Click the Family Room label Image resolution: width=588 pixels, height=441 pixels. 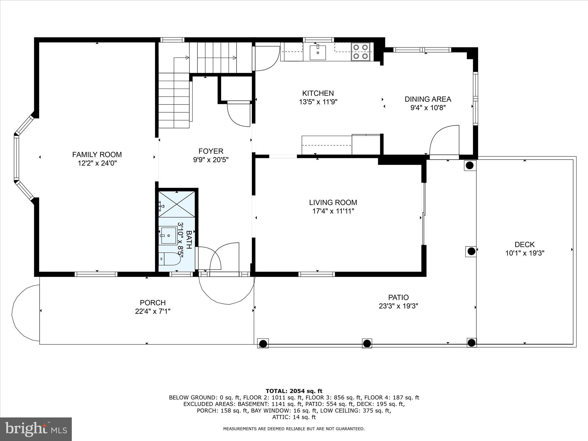[x=97, y=155]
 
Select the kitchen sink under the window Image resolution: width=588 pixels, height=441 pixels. [x=318, y=52]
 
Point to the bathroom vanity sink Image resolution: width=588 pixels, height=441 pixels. [x=169, y=235]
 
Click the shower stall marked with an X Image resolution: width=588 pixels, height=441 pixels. [x=177, y=204]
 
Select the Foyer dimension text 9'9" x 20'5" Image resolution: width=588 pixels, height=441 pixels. [x=211, y=160]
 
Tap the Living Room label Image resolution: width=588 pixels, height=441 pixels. [x=333, y=202]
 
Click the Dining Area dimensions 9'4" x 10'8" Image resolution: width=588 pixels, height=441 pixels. [x=428, y=108]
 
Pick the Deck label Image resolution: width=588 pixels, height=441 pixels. [x=525, y=245]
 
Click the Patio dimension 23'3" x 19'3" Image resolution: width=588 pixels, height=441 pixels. [x=398, y=306]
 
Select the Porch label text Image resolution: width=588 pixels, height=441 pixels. [x=152, y=303]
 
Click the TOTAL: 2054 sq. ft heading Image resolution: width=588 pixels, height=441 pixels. [x=294, y=391]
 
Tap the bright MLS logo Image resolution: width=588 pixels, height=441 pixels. [x=36, y=429]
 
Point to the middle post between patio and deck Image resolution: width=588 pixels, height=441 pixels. [x=471, y=252]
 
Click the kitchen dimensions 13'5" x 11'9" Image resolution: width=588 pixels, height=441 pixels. [x=318, y=102]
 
